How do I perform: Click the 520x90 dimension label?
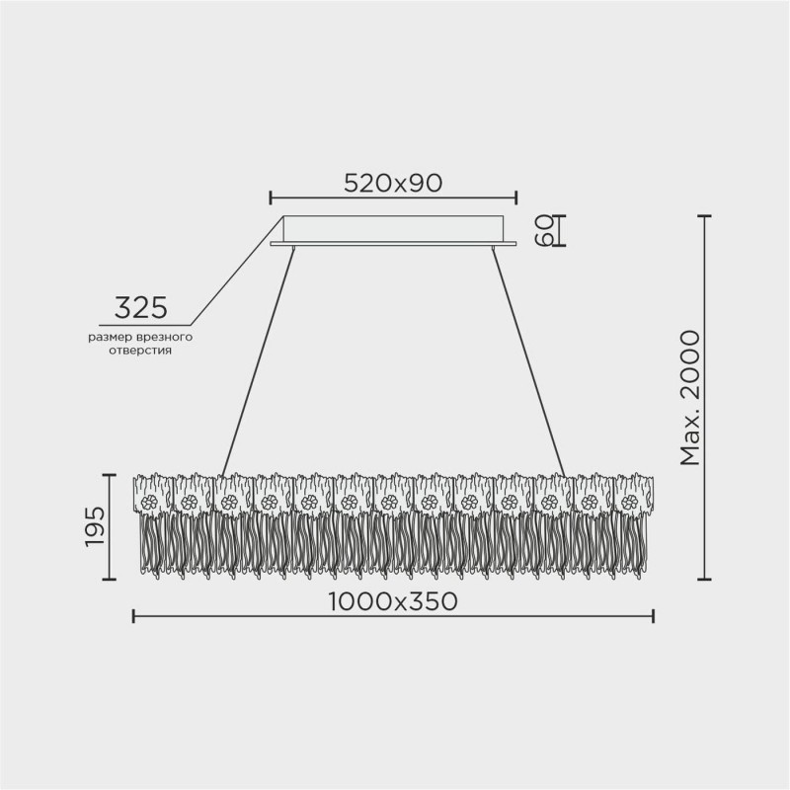click(x=392, y=183)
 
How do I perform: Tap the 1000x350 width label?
click(x=392, y=601)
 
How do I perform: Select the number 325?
click(x=139, y=308)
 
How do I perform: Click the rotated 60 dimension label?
click(x=540, y=229)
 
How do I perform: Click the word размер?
click(x=108, y=338)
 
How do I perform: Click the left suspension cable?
click(x=259, y=360)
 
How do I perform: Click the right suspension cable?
click(x=528, y=360)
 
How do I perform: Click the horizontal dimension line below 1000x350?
click(x=392, y=617)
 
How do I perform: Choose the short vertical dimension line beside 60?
click(x=559, y=229)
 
